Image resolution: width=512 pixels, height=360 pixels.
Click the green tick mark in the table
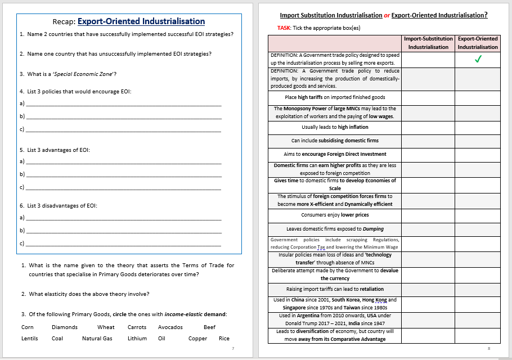[x=478, y=60]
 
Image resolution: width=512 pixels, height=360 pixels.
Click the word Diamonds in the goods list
[x=65, y=327]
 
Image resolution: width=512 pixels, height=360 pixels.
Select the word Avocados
[x=170, y=327]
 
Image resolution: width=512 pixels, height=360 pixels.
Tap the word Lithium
[x=137, y=339]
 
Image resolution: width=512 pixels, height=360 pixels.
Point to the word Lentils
[x=30, y=339]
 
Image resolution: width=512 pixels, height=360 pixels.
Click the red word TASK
[x=284, y=28]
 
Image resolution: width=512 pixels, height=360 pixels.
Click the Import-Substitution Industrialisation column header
[x=428, y=43]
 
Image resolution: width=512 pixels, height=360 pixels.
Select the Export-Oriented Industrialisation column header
[x=478, y=43]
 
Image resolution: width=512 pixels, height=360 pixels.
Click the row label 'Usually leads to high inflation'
[x=335, y=127]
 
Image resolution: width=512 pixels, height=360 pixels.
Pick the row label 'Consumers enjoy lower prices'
[x=335, y=215]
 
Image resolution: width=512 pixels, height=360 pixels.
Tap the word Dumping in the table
[x=372, y=229]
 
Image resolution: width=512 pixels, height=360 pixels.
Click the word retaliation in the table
[x=356, y=289]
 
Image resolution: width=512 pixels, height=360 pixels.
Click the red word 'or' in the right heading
[x=387, y=15]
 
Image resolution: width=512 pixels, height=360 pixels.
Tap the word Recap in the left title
[x=63, y=22]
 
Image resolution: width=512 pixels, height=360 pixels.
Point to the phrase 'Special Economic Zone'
[x=91, y=74]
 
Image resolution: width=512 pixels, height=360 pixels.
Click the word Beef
[x=209, y=327]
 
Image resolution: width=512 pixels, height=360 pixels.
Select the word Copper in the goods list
[x=197, y=339]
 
